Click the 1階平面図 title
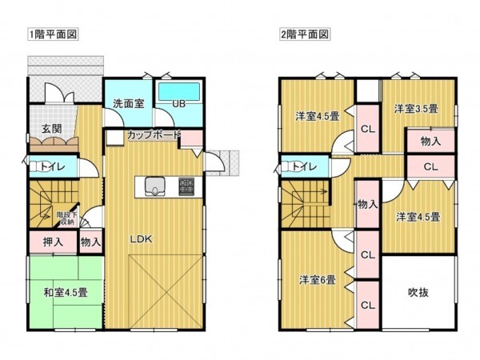coord(53,36)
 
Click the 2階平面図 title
coord(305,36)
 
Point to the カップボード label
coord(152,135)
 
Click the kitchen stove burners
coord(186,186)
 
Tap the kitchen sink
coord(154,188)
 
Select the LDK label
coord(142,238)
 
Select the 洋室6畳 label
coord(318,279)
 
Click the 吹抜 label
coord(418,292)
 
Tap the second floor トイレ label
coord(303,168)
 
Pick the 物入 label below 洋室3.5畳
coord(430,140)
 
